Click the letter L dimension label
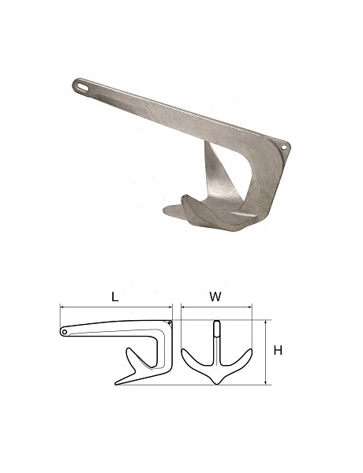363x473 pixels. click(114, 297)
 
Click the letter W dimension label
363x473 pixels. click(215, 297)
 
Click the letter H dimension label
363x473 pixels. click(278, 351)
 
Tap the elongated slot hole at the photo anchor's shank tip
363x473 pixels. click(82, 85)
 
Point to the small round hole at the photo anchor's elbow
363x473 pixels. click(284, 147)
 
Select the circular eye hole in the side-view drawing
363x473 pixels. click(65, 332)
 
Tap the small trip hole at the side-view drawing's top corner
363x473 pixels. click(170, 323)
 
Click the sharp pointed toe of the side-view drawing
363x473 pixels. click(116, 384)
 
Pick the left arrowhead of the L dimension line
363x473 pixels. click(62, 307)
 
